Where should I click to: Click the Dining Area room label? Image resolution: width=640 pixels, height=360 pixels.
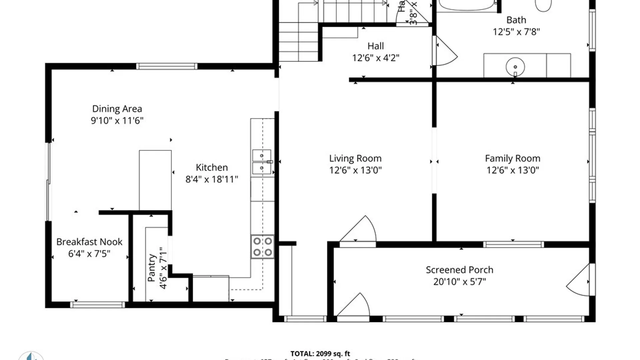117,109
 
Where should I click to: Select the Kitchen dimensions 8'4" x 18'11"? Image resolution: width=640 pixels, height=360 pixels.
212,179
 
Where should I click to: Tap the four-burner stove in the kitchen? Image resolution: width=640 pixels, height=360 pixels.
262,247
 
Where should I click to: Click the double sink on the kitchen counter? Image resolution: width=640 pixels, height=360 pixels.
262,162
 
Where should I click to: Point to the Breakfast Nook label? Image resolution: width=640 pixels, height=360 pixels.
89,242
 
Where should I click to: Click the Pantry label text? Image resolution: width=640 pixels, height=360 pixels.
152,268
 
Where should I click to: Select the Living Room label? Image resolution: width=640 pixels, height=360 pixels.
355,158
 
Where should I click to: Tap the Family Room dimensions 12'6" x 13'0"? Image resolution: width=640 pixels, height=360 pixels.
512,170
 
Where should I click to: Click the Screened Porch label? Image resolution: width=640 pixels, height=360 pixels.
459,270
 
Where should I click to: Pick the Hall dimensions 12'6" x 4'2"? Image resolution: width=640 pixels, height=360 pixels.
376,58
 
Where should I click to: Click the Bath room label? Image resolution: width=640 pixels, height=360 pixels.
516,20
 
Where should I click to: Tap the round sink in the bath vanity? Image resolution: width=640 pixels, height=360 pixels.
515,67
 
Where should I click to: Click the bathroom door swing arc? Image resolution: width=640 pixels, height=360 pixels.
447,53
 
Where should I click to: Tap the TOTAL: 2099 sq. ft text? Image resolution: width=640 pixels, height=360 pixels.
320,354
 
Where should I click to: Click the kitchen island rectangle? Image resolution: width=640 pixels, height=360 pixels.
155,180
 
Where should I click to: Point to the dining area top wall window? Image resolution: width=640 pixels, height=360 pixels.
167,66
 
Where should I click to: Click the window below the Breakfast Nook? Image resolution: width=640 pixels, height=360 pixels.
97,305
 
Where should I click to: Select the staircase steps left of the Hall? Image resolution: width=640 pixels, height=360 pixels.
298,42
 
